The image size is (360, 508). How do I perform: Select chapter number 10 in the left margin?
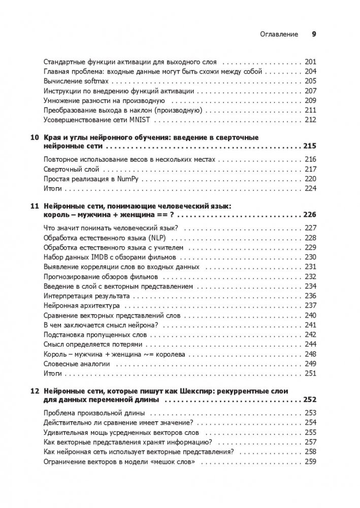34,138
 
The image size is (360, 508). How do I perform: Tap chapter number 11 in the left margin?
34,207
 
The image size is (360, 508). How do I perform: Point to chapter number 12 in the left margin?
34,391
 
